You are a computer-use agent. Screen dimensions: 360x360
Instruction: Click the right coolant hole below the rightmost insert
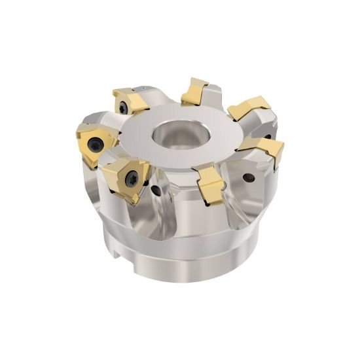251,177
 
